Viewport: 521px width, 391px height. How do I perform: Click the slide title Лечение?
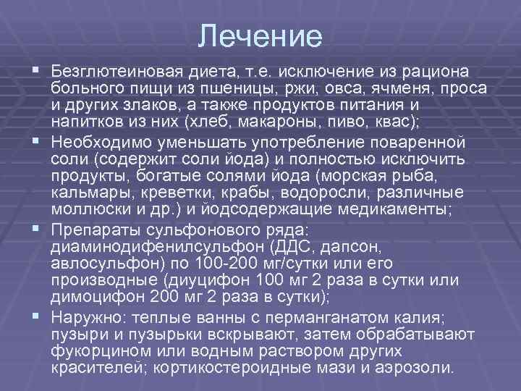click(260, 36)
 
